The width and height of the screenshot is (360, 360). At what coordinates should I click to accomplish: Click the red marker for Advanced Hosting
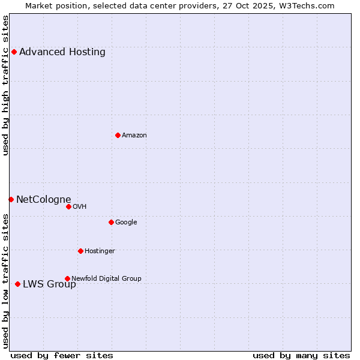pos(14,52)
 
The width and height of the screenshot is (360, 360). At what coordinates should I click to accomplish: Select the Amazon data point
pos(118,135)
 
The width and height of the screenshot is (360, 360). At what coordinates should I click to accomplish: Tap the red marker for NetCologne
pos(11,199)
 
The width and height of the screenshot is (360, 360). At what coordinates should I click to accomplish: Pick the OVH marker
pos(68,206)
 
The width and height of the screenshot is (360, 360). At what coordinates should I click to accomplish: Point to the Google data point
pos(111,222)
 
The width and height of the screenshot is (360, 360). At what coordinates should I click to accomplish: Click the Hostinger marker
pos(80,251)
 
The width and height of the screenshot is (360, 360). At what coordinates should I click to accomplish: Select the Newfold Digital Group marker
pos(67,278)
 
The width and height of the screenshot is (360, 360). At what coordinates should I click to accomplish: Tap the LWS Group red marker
pos(17,284)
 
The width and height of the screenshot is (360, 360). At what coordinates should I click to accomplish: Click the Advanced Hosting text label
pos(62,52)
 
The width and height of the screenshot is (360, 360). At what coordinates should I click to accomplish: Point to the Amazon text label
pos(134,135)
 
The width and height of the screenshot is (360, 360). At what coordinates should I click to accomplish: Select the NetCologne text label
pos(44,199)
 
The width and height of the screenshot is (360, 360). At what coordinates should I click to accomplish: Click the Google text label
pos(126,222)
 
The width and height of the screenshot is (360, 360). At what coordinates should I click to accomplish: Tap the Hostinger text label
pos(100,251)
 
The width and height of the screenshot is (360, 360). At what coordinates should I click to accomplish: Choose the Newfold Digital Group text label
pos(106,278)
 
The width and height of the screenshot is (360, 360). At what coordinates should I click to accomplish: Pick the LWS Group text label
pos(49,284)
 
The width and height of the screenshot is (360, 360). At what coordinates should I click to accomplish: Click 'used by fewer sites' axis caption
pos(62,355)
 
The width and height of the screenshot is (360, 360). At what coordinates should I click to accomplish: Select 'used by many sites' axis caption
pos(301,355)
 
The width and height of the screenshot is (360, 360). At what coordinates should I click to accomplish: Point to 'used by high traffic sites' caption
pos(6,85)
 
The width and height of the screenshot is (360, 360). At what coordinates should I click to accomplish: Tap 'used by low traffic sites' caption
pos(6,281)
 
